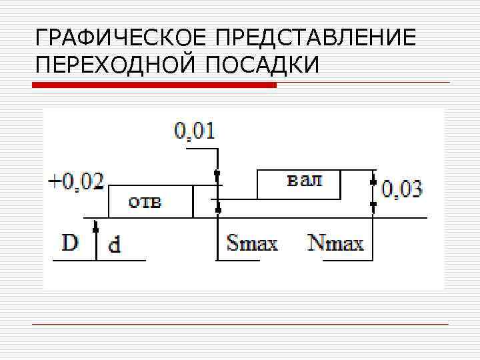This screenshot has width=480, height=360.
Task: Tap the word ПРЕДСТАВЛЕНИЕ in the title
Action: point(309,37)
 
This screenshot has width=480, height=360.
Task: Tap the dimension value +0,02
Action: point(77,181)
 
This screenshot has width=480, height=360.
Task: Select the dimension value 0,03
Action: point(402,189)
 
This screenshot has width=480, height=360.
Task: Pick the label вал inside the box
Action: point(303,181)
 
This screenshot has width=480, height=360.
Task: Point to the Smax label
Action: point(252,242)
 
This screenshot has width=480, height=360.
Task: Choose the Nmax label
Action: point(336,242)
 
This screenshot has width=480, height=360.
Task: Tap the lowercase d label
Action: point(115,245)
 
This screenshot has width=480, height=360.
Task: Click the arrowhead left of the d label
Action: point(97,229)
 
